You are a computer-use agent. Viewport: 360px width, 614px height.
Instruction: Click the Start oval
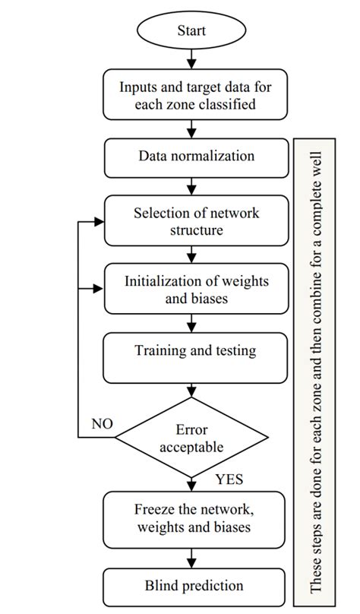[x=191, y=31]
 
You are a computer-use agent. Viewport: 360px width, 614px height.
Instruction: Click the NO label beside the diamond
[x=102, y=423]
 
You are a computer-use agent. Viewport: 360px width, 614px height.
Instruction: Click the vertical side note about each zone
[x=314, y=369]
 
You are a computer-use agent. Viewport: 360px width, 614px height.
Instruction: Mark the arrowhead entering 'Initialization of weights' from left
[x=97, y=289]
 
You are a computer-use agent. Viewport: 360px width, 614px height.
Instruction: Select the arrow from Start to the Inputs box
[x=191, y=59]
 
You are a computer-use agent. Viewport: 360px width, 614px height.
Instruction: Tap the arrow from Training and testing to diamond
[x=191, y=391]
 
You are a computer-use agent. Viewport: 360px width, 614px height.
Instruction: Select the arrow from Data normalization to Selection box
[x=191, y=186]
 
